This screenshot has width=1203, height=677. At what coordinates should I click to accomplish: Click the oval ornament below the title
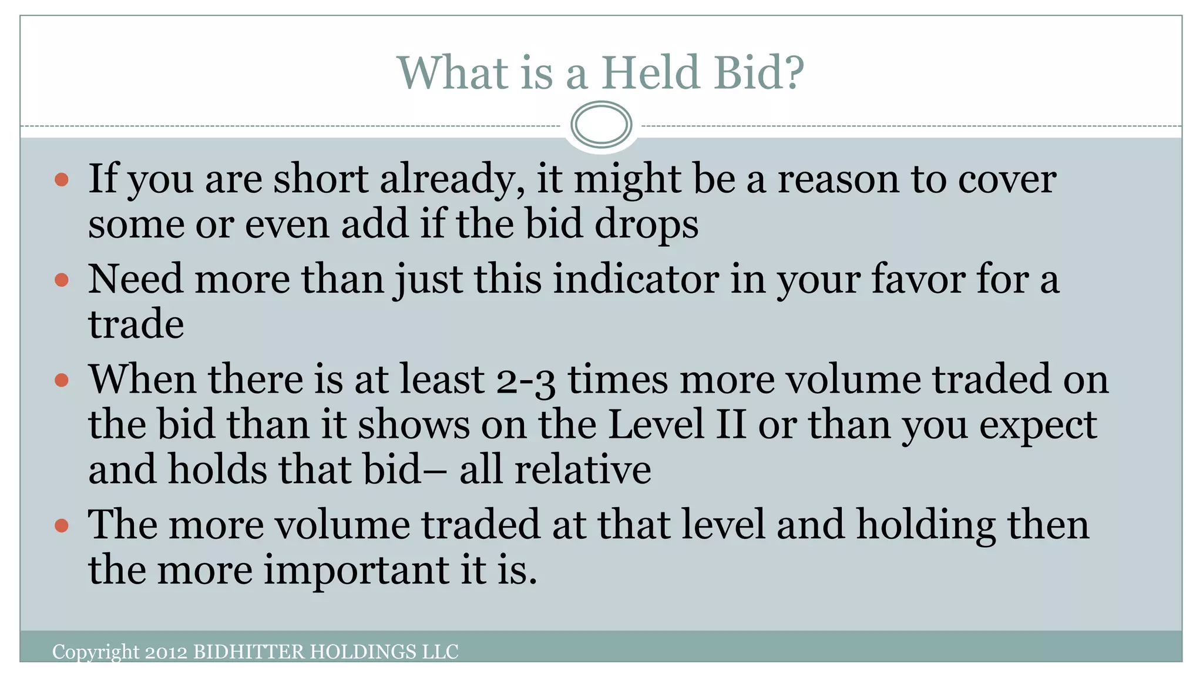tap(601, 125)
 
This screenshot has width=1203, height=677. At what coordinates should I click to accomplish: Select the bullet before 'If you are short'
tap(62, 179)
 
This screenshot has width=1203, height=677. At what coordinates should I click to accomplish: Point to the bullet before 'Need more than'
tap(62, 280)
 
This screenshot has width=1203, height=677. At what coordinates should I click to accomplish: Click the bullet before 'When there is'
tap(62, 380)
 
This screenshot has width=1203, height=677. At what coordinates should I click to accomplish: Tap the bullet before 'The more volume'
tap(62, 525)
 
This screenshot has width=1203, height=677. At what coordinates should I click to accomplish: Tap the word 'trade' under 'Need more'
tap(136, 324)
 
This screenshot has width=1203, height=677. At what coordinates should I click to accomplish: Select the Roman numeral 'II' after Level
tap(731, 424)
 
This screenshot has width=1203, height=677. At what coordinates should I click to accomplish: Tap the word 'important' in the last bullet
tap(356, 570)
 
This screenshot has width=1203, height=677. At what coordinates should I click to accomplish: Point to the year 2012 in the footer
tap(166, 652)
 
